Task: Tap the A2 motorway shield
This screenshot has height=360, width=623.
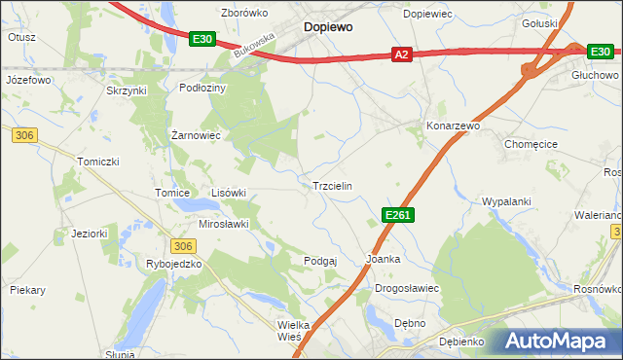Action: (x=401, y=56)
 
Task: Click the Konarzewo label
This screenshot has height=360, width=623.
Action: (x=454, y=126)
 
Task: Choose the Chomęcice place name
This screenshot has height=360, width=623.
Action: (x=530, y=143)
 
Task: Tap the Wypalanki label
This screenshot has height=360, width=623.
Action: (x=506, y=201)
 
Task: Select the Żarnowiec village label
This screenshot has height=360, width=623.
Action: (x=196, y=134)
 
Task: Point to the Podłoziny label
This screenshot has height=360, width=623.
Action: (x=202, y=87)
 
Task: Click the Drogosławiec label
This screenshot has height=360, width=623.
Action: (x=408, y=289)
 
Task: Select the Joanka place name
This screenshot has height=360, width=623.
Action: (x=384, y=260)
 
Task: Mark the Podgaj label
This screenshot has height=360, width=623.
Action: (x=320, y=260)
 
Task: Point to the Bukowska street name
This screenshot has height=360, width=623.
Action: (x=256, y=44)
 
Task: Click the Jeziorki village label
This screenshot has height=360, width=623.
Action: (x=89, y=234)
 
